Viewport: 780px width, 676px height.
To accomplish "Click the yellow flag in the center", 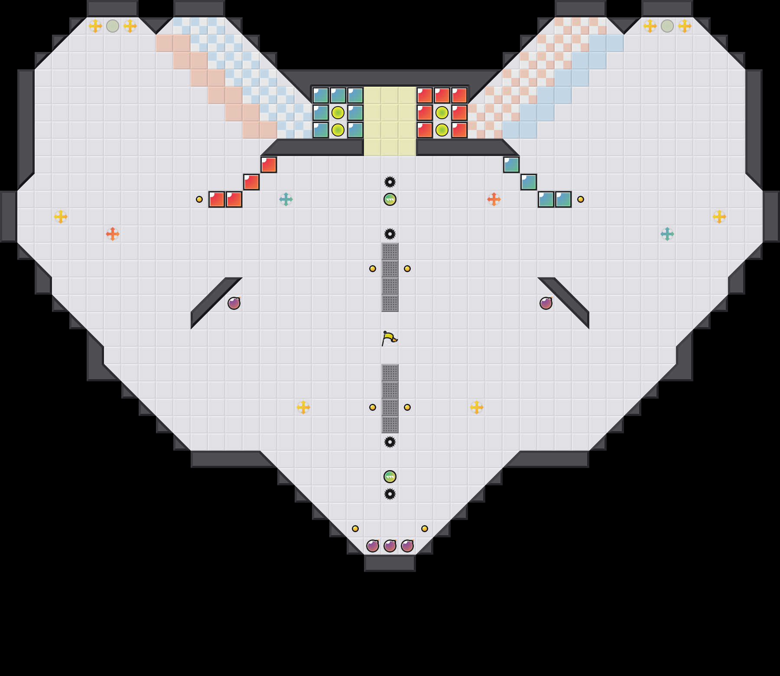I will click(x=389, y=338).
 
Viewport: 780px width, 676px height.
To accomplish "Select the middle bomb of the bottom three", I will click(x=390, y=546).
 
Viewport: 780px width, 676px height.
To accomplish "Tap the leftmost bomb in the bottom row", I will click(x=373, y=546).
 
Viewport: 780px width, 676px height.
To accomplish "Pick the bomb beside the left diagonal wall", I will click(x=234, y=303).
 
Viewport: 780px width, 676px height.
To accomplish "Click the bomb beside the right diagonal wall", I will click(x=546, y=303).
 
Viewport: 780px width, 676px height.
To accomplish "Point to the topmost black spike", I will click(x=390, y=182).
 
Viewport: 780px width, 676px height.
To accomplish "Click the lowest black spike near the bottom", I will click(x=390, y=494).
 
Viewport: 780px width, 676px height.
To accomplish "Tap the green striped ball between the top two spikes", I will click(x=390, y=199).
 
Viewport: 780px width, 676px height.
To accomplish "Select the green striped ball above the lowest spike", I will click(x=390, y=477).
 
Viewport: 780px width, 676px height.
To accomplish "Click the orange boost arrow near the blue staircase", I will click(x=494, y=199).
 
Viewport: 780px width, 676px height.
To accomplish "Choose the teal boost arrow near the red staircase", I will click(x=286, y=199).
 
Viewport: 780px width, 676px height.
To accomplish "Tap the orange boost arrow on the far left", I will click(x=113, y=234).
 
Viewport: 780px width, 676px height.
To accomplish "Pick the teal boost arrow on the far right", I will click(x=667, y=234).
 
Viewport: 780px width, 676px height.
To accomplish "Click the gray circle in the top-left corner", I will click(x=113, y=26).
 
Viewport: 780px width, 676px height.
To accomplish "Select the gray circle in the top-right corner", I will click(x=667, y=26).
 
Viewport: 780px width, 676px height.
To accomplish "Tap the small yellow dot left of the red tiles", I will click(x=199, y=199).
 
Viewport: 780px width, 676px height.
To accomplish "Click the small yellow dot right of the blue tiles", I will click(x=581, y=199).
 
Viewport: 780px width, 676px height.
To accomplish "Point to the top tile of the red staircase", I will click(x=269, y=165).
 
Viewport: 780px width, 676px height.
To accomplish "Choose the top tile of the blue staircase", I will click(x=511, y=165).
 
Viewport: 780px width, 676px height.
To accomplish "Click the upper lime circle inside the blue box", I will click(x=338, y=113).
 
